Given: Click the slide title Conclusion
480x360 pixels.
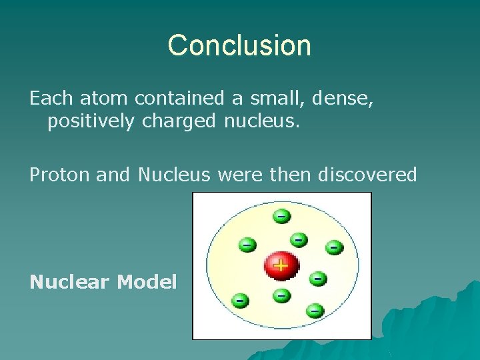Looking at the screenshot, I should click(x=239, y=45).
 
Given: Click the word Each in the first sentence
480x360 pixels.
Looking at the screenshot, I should click(x=51, y=99).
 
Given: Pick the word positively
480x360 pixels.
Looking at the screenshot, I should click(x=91, y=122).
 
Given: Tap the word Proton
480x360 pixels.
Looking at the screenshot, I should click(x=60, y=175).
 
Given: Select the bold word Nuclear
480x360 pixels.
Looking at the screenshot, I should click(x=69, y=282).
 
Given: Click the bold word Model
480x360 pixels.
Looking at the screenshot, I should click(x=147, y=282).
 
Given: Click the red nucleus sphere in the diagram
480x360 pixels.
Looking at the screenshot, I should click(x=281, y=265).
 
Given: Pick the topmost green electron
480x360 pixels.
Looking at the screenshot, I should click(x=281, y=216).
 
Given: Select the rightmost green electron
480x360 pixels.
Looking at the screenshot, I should click(x=334, y=247).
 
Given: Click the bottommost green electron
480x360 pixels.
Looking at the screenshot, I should click(x=315, y=310).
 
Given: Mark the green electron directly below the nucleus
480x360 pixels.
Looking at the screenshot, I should click(x=281, y=294).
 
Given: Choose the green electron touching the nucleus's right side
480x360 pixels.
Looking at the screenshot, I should click(x=318, y=277).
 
